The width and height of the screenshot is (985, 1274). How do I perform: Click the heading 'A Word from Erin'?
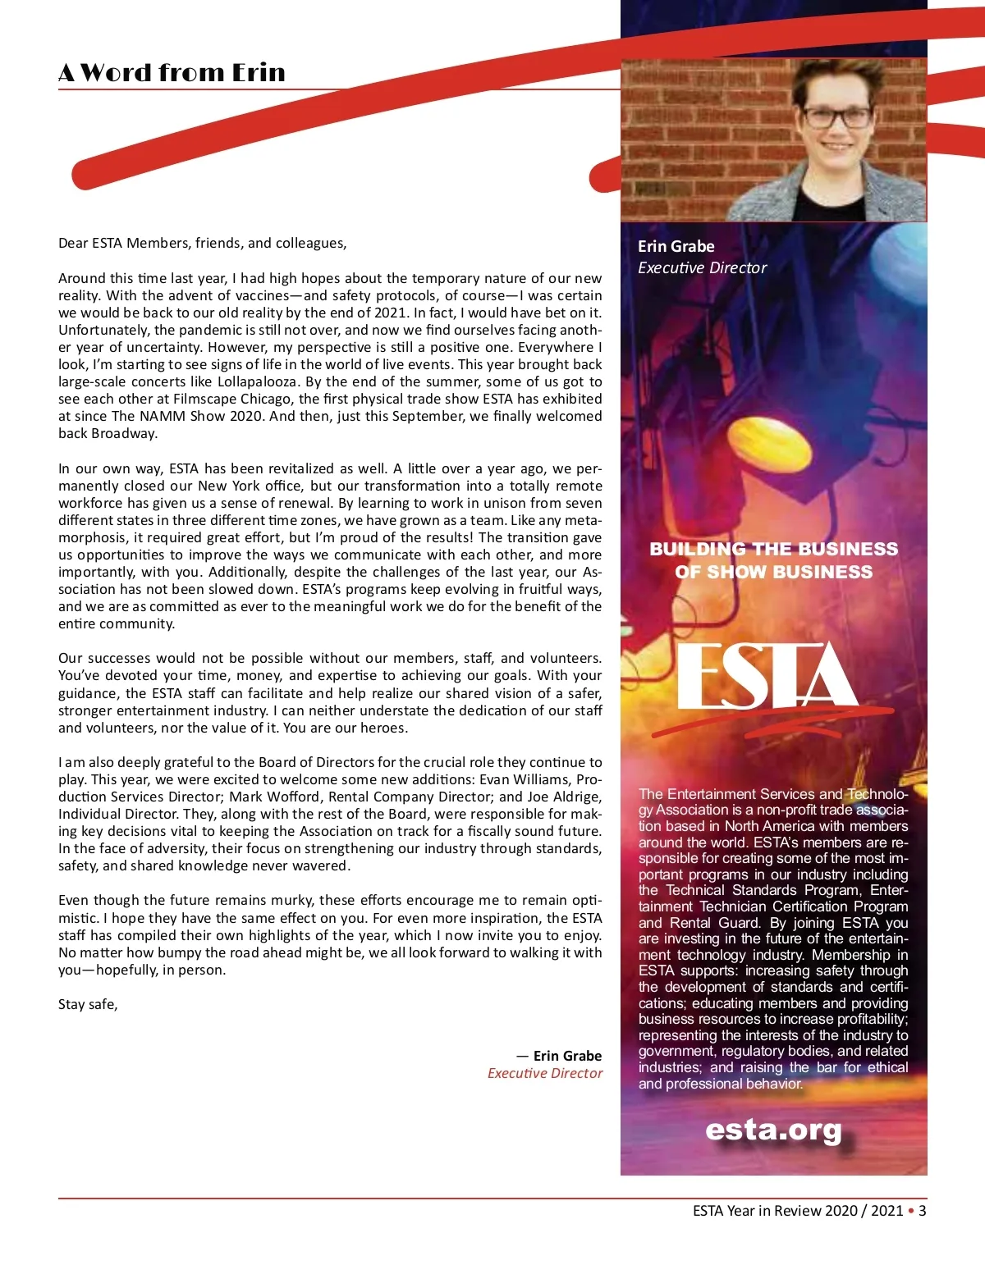[172, 72]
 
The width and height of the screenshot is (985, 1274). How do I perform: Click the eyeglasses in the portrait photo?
[836, 117]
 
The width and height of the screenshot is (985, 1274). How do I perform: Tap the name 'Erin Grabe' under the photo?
[676, 246]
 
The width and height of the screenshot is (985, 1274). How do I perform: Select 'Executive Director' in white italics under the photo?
[702, 267]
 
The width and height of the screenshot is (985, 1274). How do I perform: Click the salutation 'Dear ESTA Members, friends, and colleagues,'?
[202, 243]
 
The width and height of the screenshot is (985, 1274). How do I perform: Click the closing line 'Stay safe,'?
[88, 1004]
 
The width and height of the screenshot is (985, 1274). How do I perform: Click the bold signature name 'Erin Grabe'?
[567, 1056]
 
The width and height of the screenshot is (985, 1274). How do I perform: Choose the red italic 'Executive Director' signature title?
[544, 1073]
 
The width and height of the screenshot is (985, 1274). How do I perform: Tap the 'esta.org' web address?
[773, 1130]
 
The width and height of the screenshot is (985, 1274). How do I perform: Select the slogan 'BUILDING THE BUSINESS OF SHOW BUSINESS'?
[773, 560]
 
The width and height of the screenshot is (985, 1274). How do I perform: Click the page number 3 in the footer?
[923, 1211]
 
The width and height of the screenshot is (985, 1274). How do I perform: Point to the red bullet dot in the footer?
[910, 1211]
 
